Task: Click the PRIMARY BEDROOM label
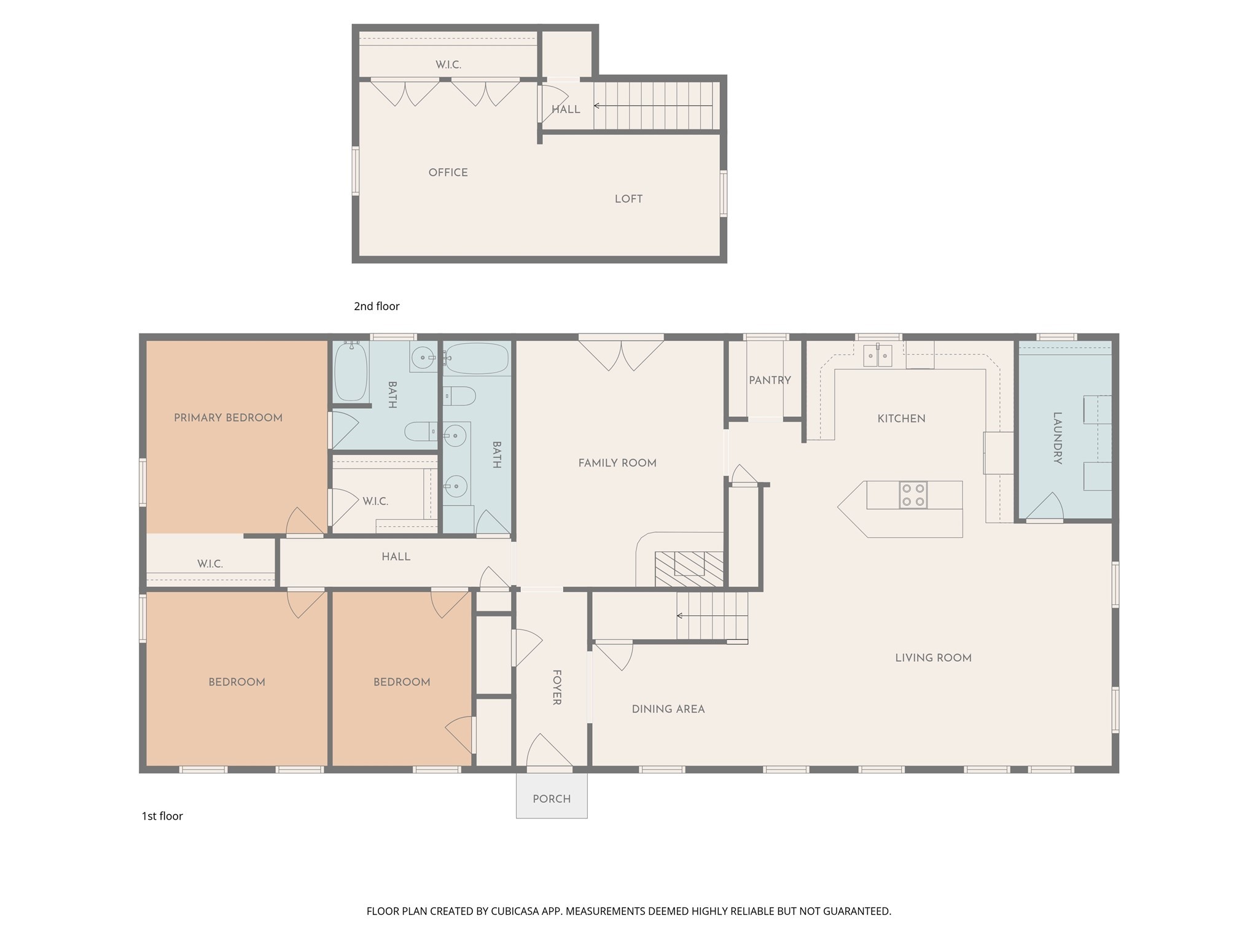click(228, 418)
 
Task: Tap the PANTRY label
click(770, 381)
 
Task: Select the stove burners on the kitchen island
click(913, 495)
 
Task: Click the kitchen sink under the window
click(877, 355)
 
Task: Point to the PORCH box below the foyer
click(552, 798)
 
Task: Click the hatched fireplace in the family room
click(689, 569)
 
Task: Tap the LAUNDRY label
click(1057, 438)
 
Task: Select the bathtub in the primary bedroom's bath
click(351, 371)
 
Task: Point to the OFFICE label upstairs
click(448, 173)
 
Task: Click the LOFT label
click(628, 199)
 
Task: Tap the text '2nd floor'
click(377, 306)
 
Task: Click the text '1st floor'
click(162, 816)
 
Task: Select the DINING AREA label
click(668, 709)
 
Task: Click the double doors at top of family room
click(621, 355)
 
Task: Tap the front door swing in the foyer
click(549, 751)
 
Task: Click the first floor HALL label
click(396, 557)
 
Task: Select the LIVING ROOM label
click(932, 658)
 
